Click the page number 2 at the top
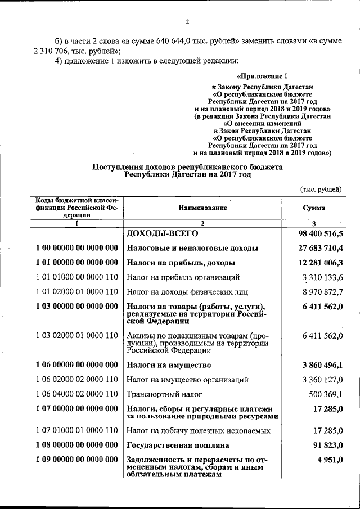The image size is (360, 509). [187, 22]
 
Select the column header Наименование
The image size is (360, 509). [203, 208]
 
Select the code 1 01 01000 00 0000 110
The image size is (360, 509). [76, 277]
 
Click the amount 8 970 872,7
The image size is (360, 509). [322, 292]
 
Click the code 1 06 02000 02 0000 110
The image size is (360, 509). [76, 380]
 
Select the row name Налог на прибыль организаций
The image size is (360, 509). [183, 277]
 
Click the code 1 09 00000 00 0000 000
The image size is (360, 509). [76, 461]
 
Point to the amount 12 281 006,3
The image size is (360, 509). [319, 263]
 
